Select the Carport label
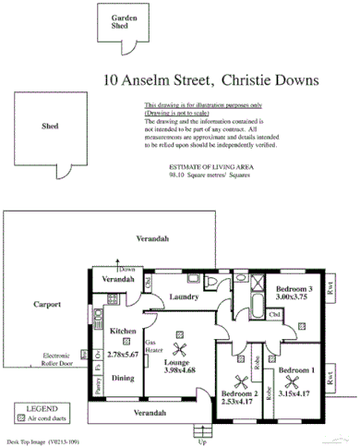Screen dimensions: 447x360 47,303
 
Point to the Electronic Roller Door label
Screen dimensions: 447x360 63,358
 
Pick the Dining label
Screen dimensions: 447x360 123,377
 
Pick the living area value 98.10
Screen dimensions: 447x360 177,173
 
